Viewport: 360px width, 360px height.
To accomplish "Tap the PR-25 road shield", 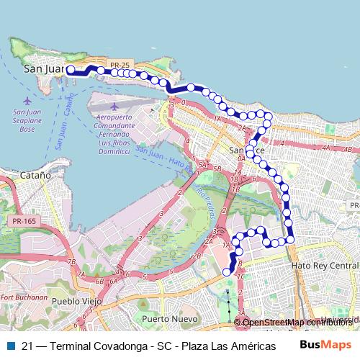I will point(120,65).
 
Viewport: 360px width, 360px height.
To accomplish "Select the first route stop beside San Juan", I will point(71,70).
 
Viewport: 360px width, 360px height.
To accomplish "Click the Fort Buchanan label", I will point(24,297).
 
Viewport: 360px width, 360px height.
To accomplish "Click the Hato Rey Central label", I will point(324,266).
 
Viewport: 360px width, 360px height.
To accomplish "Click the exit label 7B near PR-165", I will point(71,262).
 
